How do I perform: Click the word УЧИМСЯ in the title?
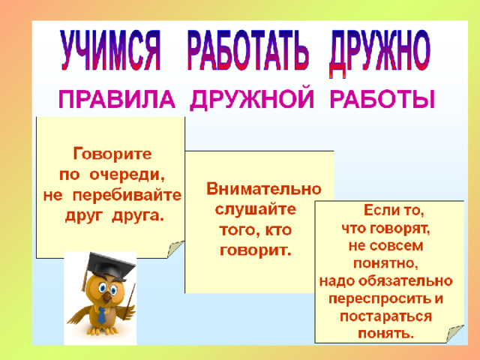click(x=111, y=50)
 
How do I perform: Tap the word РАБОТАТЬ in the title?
click(x=247, y=50)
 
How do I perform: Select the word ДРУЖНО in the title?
click(x=379, y=52)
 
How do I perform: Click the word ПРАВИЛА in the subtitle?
click(x=117, y=99)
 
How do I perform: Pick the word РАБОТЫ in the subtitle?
click(x=382, y=99)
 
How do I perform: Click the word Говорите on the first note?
click(x=112, y=154)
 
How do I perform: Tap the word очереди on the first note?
click(x=127, y=175)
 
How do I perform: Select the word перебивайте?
click(x=127, y=196)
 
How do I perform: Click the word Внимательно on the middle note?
click(x=264, y=188)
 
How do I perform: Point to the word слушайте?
click(x=256, y=210)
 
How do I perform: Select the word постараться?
click(x=385, y=316)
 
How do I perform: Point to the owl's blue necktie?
click(x=102, y=316)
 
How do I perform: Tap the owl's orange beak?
click(x=106, y=298)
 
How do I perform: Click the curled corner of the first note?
click(x=175, y=249)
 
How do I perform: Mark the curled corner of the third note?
click(x=455, y=333)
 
